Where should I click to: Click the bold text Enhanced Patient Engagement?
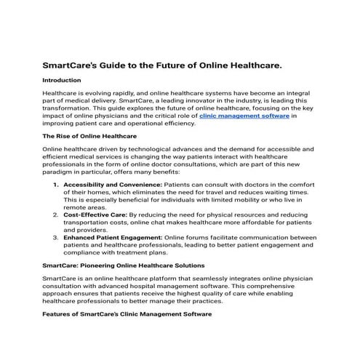click(113, 237)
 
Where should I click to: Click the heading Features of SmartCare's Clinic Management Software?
click(127, 313)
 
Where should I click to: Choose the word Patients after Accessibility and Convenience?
click(183, 185)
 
